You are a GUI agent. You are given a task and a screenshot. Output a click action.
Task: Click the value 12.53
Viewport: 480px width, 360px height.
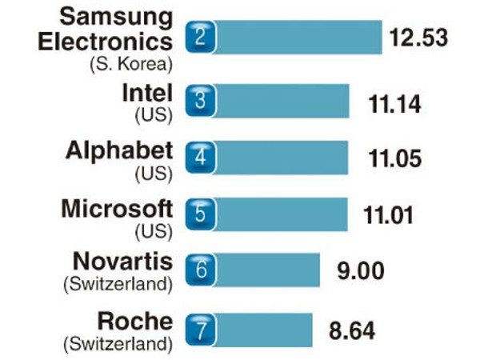[x=417, y=38]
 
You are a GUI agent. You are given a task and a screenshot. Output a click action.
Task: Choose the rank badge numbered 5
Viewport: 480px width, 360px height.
[x=201, y=213]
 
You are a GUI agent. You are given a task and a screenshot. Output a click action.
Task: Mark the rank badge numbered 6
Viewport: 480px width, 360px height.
[x=201, y=270]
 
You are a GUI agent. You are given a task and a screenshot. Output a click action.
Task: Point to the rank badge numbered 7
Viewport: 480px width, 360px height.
[x=201, y=329]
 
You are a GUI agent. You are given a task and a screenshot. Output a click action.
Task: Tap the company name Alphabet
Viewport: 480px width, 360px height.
[x=119, y=150]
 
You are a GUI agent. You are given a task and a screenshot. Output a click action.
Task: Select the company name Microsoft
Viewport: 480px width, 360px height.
[x=117, y=208]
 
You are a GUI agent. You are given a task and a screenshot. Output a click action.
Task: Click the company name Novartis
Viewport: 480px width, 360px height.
[x=122, y=262]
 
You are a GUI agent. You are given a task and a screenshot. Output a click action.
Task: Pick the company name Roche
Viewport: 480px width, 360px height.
[x=134, y=321]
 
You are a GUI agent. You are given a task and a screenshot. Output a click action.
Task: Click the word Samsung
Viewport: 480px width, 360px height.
[x=117, y=15]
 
